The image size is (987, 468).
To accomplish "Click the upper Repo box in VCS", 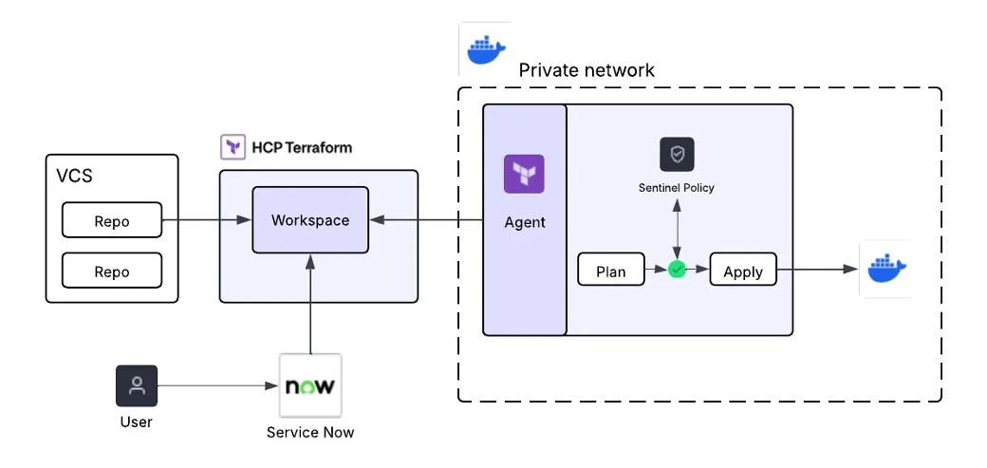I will (112, 220).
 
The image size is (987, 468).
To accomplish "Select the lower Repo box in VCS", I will (112, 271).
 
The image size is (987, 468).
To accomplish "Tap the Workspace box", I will (310, 220).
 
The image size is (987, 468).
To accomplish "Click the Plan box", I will (610, 271).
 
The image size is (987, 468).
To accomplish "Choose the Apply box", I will (742, 271).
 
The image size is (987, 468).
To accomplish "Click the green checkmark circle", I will (677, 271).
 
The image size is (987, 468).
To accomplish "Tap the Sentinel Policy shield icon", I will (677, 154).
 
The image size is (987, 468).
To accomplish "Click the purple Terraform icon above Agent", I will (524, 175).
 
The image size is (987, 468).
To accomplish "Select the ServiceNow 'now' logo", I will (310, 386).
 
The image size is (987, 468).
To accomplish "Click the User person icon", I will (137, 386).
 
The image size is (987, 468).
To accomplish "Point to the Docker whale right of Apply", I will (885, 269).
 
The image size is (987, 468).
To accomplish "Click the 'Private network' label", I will (587, 71).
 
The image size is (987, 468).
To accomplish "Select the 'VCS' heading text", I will (75, 176).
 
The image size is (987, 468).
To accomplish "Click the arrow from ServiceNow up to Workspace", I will (310, 304).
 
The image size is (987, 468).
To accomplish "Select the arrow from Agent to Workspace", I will (426, 220).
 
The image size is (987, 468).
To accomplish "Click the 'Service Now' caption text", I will (310, 433).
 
